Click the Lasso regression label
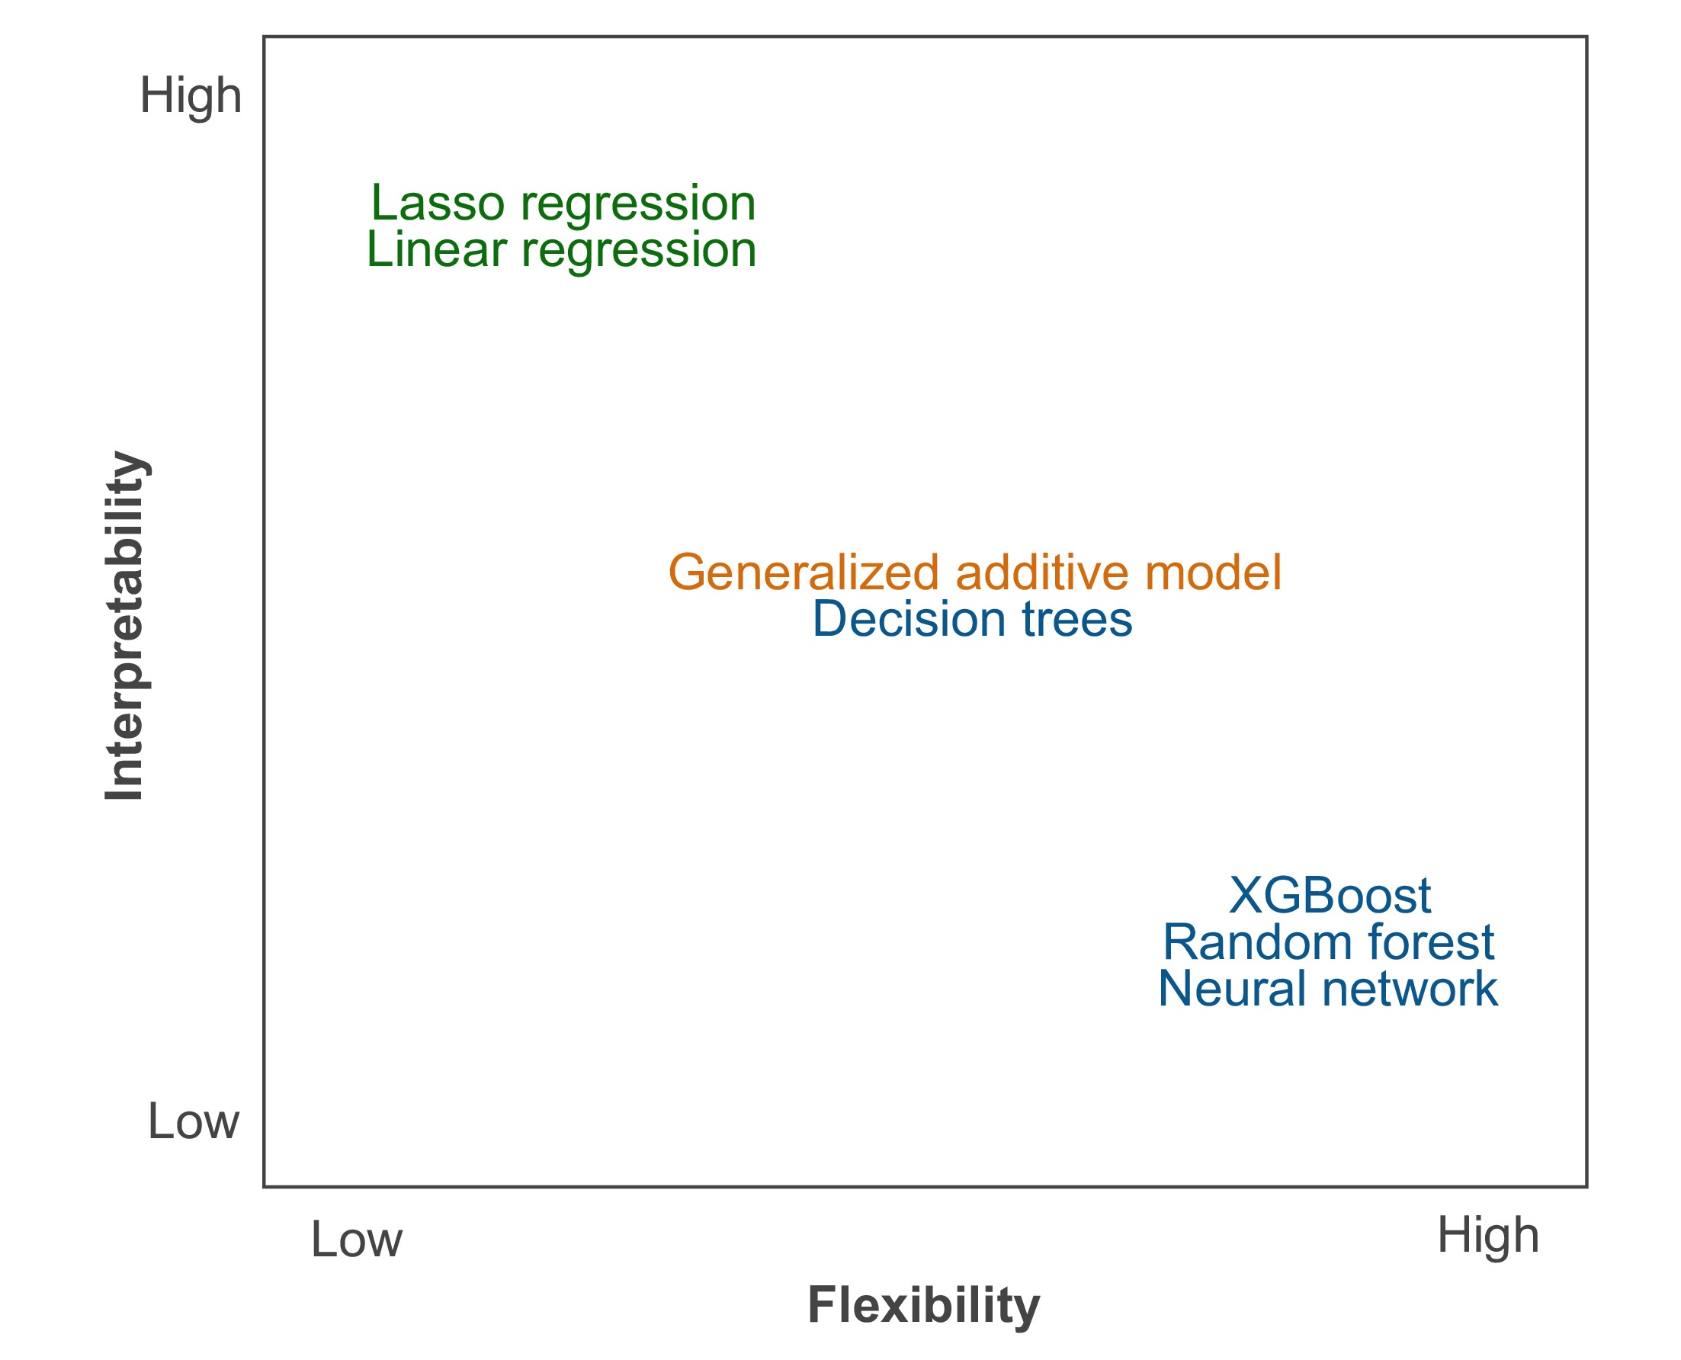click(x=563, y=204)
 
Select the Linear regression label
click(x=561, y=251)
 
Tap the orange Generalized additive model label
click(x=974, y=573)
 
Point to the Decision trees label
click(x=972, y=620)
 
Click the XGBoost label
click(x=1330, y=896)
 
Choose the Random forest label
click(x=1329, y=942)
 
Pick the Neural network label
click(x=1328, y=990)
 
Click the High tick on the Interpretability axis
click(x=191, y=96)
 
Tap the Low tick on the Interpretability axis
click(x=193, y=1122)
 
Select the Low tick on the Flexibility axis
click(x=357, y=1240)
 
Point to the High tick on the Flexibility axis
click(x=1487, y=1237)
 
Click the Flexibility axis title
click(x=923, y=1305)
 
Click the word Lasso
click(x=437, y=204)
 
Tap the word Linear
click(x=436, y=251)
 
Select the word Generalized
click(x=803, y=573)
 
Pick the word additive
click(x=1042, y=573)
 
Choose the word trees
click(x=1077, y=620)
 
